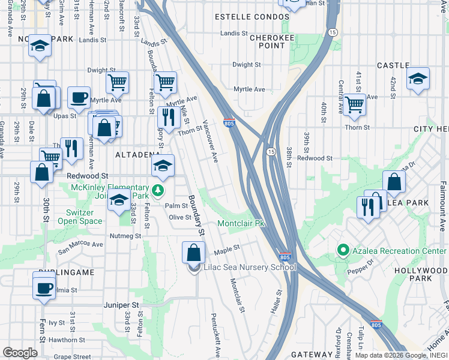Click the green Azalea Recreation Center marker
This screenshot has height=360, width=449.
(343, 249)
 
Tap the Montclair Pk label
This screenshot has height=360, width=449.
(241, 223)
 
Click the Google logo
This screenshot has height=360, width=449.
(20, 352)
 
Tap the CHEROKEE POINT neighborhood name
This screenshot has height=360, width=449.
(268, 41)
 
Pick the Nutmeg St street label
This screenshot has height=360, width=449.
(125, 236)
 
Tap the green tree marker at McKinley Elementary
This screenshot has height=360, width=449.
(157, 191)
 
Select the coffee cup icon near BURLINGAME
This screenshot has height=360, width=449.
(44, 287)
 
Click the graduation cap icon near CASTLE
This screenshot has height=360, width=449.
(418, 78)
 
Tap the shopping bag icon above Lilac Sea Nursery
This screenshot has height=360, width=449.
(193, 251)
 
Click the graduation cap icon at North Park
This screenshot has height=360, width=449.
(40, 46)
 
